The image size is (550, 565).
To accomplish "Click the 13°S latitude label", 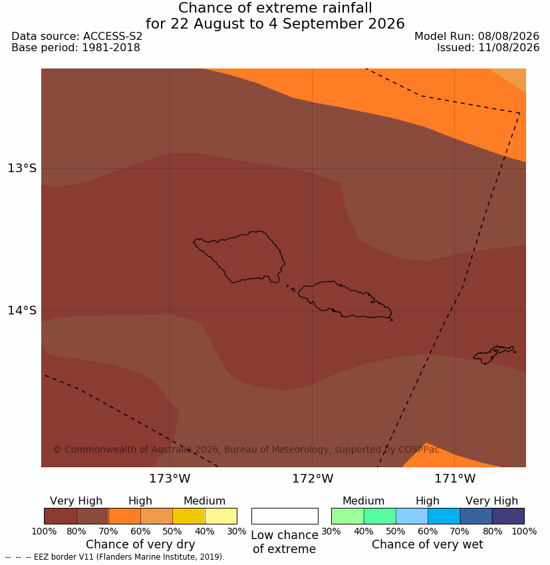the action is coord(22,168).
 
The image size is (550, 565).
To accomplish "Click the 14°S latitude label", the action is coord(22,310).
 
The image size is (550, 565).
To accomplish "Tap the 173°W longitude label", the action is coord(170,479).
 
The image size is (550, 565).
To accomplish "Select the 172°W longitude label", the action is coord(313,479).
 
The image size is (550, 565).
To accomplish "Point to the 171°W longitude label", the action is coord(455,479).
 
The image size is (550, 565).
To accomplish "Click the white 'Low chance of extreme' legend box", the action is coord(285,516).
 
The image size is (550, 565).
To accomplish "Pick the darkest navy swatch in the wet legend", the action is coord(508,516).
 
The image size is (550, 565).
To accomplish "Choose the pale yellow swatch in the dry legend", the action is coord(221,516).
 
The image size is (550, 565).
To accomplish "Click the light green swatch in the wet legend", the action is coord(347,516).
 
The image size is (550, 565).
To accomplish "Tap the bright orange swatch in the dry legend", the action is coord(125,516).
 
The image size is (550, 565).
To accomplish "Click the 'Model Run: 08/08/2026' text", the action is coord(477,37).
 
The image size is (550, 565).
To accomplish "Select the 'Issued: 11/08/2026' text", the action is coord(488,48).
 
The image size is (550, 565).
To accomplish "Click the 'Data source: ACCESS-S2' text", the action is coord(76,37).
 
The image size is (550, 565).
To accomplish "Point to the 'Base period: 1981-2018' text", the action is coord(76,48).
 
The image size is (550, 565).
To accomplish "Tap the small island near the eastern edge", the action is coord(493,355).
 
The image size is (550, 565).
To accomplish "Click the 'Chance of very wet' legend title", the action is coord(427,544).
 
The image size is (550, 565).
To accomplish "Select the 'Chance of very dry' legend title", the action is coord(140,544).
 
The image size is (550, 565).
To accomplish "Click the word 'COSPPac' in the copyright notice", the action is coord(418,450).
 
